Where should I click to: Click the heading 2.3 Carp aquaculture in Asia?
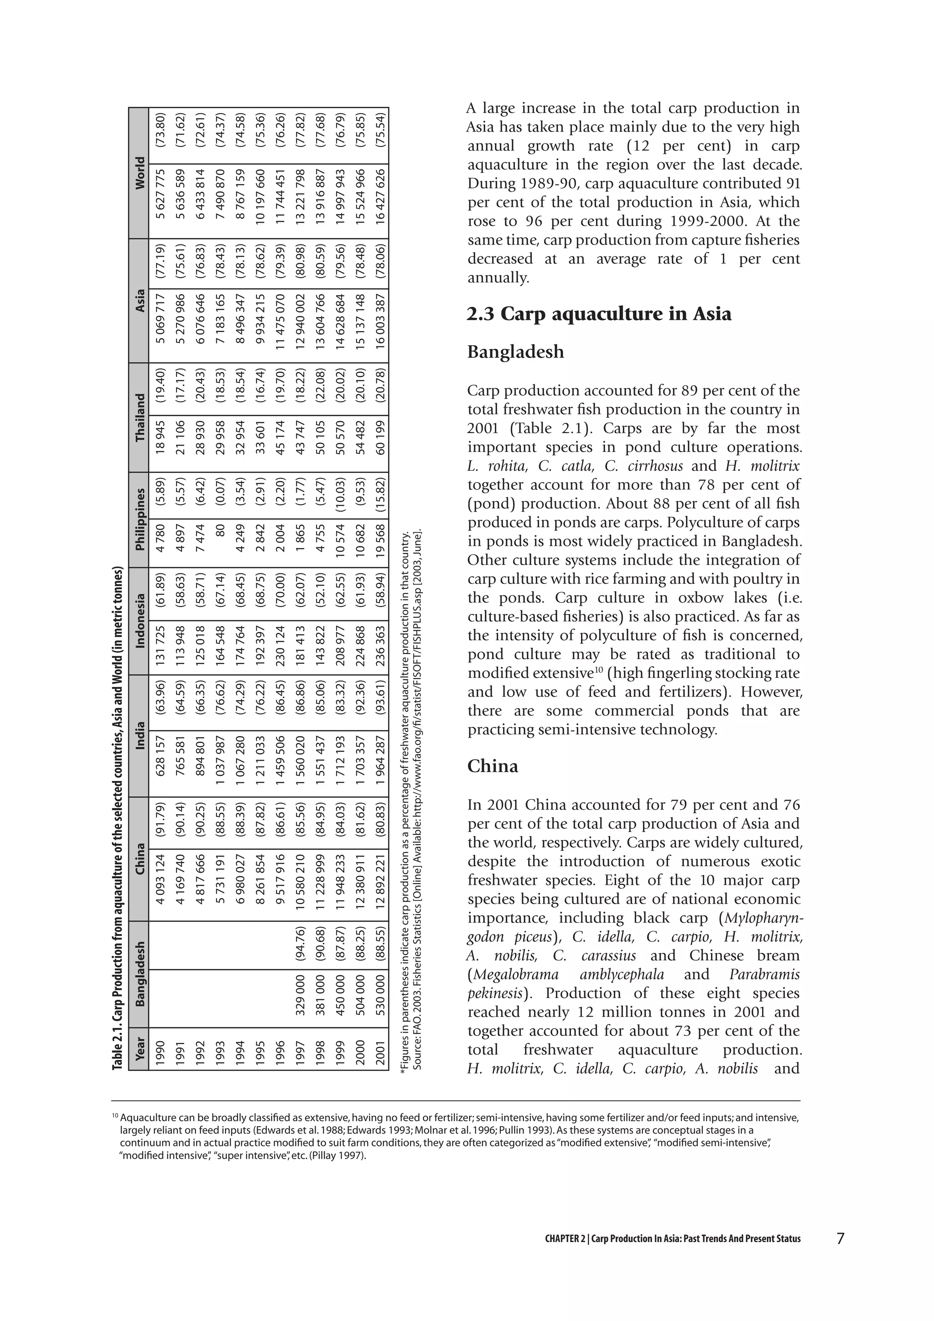coord(599,314)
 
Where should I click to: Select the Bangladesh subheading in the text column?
coord(515,352)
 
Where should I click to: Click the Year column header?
coord(139,1048)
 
